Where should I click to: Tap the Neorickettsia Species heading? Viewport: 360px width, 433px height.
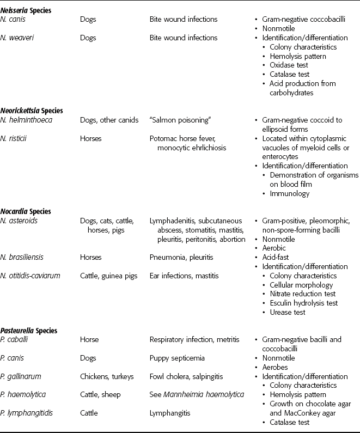click(41, 109)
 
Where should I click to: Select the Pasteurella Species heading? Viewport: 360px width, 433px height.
click(38, 330)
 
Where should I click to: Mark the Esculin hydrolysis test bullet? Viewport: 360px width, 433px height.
click(303, 303)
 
